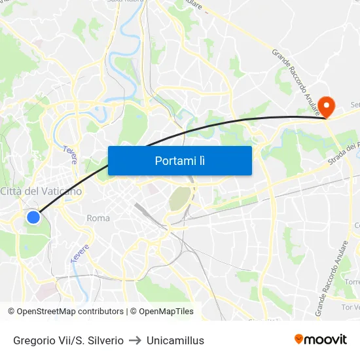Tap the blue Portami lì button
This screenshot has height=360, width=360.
coord(179,160)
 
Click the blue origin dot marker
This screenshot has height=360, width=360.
coord(33,217)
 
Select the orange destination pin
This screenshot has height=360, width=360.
coord(325,105)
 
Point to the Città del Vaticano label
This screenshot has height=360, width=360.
coord(41,191)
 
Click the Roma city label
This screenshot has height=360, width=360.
coord(98,218)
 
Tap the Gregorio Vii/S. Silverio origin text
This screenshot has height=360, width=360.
coord(68,340)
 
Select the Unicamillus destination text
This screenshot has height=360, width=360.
coord(175,340)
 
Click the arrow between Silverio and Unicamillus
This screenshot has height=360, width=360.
coord(135,340)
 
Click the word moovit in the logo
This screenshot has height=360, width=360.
coord(325,339)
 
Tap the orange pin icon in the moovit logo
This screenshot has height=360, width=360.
coord(299,339)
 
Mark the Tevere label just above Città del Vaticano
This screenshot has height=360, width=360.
coord(70,154)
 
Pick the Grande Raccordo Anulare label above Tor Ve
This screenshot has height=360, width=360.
coord(332,279)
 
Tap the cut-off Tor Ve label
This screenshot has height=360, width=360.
coord(350,306)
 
